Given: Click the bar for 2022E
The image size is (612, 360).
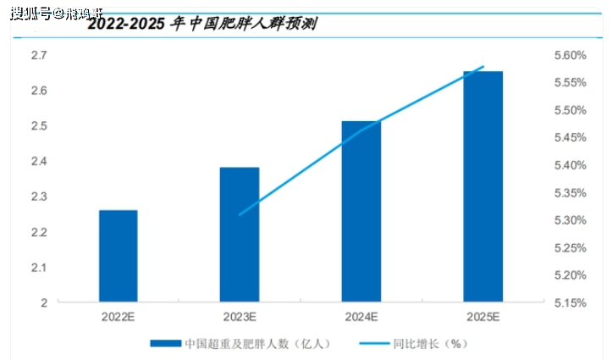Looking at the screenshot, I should pos(119,256).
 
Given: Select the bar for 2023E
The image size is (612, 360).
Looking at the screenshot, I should pos(240,235).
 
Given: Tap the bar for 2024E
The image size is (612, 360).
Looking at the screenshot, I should pos(361,212).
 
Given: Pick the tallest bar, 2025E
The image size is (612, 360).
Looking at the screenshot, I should pos(482,186).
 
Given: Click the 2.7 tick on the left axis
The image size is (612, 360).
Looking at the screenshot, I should pos(38,55).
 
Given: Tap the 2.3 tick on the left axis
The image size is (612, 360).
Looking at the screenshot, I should pos(38,197).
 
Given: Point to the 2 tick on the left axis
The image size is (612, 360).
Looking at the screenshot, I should pos(43,302).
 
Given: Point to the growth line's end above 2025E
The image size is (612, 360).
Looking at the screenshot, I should pos(483,66).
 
